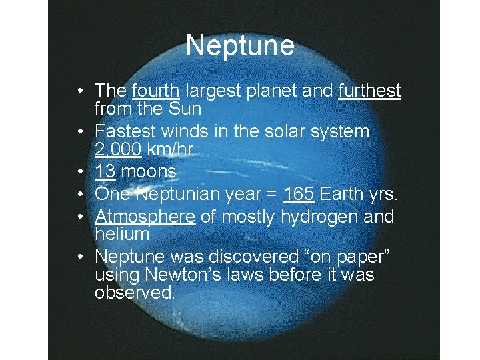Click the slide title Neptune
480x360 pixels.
(x=240, y=46)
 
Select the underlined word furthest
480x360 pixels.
(x=369, y=90)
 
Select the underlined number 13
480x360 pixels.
(x=104, y=172)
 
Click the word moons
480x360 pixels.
(x=149, y=172)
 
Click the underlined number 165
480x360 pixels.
(x=298, y=195)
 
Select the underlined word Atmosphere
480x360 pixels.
(x=145, y=217)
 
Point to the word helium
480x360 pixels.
(x=121, y=233)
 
